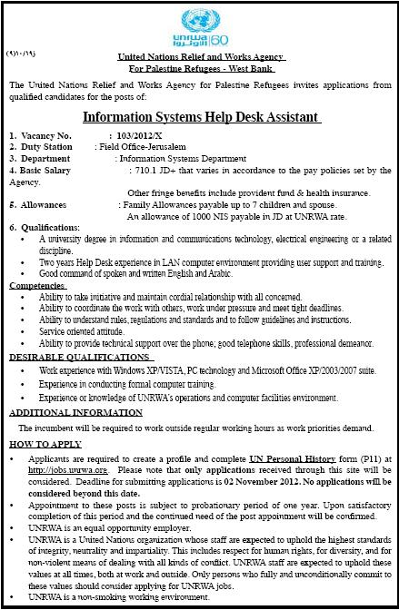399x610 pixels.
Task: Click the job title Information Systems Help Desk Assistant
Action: click(x=201, y=117)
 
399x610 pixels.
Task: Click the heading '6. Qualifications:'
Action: click(x=43, y=228)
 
